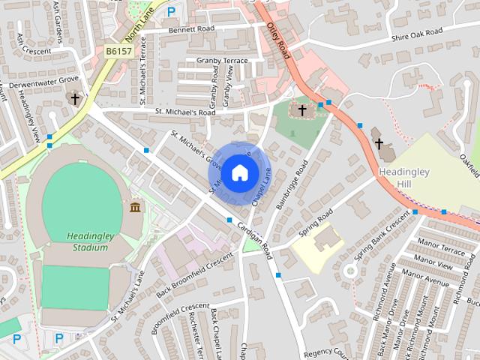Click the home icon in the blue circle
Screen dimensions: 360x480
point(238,172)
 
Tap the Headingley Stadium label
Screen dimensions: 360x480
point(89,241)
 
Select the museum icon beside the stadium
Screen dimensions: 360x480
point(136,207)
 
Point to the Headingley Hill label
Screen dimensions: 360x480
point(405,177)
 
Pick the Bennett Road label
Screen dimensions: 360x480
point(191,29)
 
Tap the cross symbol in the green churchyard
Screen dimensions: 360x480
point(301,111)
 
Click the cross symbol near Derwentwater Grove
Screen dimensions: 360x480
point(74,98)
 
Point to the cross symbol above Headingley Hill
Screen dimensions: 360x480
point(379,142)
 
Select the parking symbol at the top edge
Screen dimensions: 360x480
point(172,12)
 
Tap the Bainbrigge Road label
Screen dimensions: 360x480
point(292,181)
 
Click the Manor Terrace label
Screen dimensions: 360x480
point(442,247)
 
